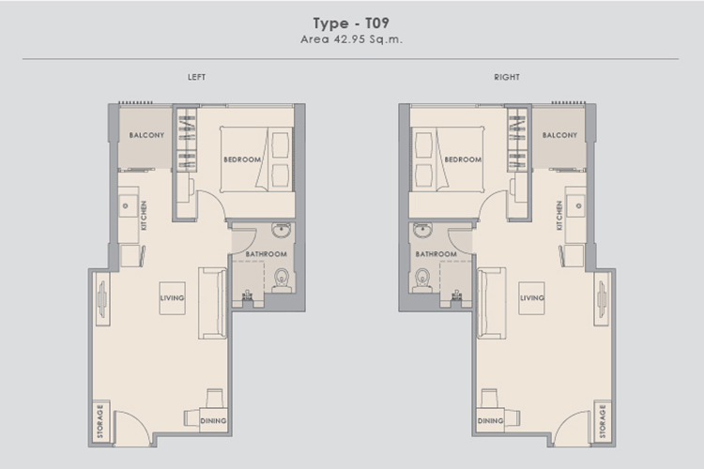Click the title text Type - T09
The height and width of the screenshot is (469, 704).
(x=351, y=23)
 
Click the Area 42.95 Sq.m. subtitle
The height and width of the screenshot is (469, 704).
(x=352, y=39)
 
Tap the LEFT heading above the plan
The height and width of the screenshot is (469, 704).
(x=197, y=77)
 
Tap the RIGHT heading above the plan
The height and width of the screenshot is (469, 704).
(x=507, y=77)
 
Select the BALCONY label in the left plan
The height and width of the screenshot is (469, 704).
(x=146, y=135)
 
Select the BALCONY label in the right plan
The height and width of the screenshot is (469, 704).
(x=559, y=135)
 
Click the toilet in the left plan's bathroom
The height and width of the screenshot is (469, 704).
(x=282, y=280)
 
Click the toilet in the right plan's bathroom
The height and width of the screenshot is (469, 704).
(x=422, y=280)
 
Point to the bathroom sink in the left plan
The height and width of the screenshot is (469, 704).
(x=282, y=230)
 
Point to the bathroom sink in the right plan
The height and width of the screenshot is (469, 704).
(x=423, y=230)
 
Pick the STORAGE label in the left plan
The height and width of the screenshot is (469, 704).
(x=100, y=421)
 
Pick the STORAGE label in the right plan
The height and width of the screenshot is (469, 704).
(x=603, y=421)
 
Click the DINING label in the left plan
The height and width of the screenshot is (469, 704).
(x=213, y=421)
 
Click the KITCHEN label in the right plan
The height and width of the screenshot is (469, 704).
(x=559, y=216)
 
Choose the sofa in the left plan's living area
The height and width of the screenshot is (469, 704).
(x=212, y=303)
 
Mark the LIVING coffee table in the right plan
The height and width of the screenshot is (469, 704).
(x=532, y=298)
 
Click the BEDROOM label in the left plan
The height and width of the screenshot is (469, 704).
(x=242, y=159)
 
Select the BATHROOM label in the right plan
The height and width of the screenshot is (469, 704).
(x=436, y=254)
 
